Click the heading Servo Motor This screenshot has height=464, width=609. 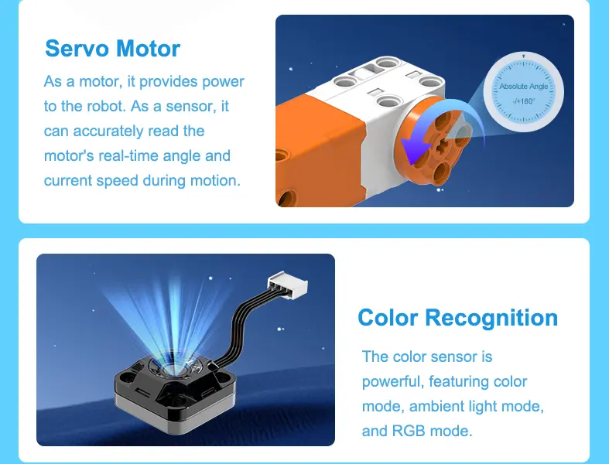[113, 49]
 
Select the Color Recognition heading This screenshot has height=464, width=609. [458, 318]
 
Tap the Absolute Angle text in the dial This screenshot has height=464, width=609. [524, 86]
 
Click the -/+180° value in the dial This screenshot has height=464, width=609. [524, 101]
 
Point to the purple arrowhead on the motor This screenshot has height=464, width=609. [415, 150]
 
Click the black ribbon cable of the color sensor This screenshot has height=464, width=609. [243, 326]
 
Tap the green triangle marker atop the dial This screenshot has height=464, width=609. [524, 56]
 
